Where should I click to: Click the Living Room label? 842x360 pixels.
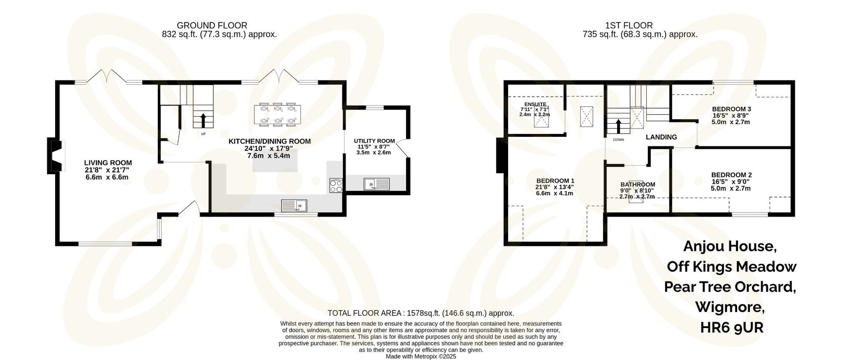pos(108,163)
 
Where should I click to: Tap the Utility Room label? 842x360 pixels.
pos(374,141)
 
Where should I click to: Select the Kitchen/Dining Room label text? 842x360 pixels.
pos(269,141)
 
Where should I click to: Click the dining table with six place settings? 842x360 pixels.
pos(277,115)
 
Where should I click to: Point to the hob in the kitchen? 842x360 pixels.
pos(336,186)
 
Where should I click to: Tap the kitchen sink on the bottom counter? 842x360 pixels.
pos(294,205)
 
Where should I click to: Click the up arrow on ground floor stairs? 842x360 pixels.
pos(203,120)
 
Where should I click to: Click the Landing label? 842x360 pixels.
pos(661,137)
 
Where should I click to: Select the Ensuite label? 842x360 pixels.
pos(535,104)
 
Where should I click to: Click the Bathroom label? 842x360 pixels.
pos(637,184)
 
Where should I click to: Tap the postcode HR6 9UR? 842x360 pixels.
pos(731,327)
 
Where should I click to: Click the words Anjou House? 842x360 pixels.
pos(730,246)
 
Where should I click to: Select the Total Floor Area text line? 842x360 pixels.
pos(421,313)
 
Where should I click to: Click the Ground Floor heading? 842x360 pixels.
pos(212,26)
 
